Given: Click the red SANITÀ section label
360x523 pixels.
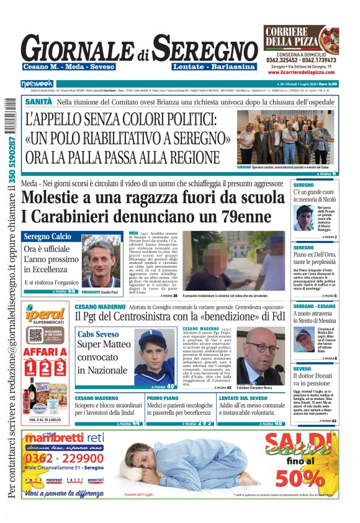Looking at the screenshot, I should point(38,101).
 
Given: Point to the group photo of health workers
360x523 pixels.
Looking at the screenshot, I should point(287,137).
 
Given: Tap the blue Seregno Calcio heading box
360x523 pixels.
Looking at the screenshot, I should point(47,237).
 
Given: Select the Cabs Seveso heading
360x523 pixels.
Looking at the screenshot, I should point(98,334).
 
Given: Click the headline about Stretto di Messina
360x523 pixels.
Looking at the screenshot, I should point(315,317).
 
